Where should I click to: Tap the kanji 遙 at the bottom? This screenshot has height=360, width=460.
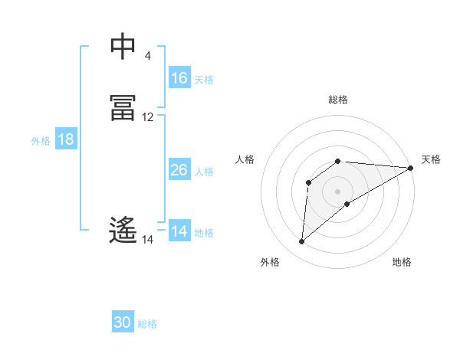tap(123, 230)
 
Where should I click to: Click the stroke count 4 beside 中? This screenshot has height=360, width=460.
tap(148, 56)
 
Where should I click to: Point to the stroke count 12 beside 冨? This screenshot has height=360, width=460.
tap(148, 117)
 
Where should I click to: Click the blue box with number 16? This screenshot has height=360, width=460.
tap(179, 78)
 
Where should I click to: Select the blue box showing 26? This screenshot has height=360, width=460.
tap(179, 170)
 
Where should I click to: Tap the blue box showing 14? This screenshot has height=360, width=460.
tap(179, 231)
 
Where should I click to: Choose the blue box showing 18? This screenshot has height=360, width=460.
tap(66, 139)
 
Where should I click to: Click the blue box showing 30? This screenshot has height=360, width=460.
tap(123, 323)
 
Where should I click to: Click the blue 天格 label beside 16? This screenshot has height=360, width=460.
tap(204, 79)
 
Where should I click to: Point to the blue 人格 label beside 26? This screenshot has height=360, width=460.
tap(204, 171)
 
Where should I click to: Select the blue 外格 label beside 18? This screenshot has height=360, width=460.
tap(41, 140)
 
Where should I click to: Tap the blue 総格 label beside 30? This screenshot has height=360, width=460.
tap(147, 324)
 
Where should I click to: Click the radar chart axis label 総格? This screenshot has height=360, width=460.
tap(338, 100)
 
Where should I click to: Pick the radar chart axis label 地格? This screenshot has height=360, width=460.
tap(402, 262)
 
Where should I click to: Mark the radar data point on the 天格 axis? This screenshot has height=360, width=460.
tap(411, 168)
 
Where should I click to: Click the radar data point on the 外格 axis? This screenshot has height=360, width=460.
tap(301, 242)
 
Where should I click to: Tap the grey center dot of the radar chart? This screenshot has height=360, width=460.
tap(338, 191)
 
